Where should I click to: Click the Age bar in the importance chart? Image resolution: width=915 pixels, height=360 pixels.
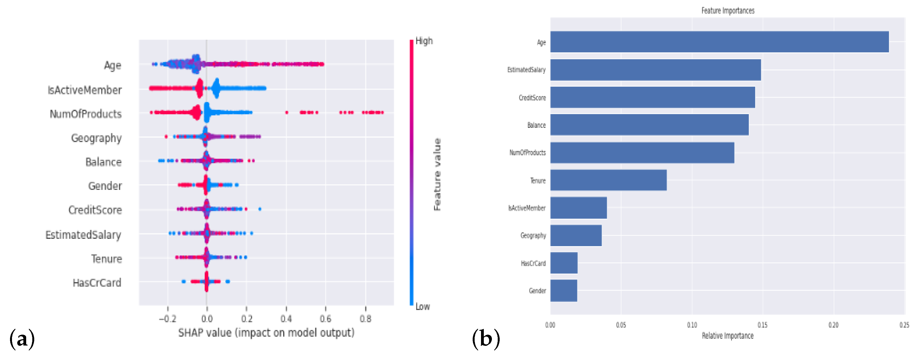click(719, 42)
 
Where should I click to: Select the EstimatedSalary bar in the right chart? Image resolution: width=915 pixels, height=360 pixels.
click(655, 70)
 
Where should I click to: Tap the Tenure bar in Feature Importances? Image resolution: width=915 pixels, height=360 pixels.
click(608, 180)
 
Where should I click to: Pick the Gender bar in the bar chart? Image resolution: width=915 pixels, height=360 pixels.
click(564, 290)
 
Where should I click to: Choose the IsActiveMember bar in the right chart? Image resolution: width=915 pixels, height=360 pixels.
click(578, 208)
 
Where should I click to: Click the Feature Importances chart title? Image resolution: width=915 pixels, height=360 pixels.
click(727, 11)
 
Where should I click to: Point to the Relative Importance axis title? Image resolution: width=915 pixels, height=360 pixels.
click(727, 336)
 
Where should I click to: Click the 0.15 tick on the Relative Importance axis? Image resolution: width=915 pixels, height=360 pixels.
click(762, 325)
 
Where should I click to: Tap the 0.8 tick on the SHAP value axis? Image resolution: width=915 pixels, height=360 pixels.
click(365, 319)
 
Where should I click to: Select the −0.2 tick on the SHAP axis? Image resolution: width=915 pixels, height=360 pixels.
click(167, 319)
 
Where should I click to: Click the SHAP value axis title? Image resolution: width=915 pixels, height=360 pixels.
click(266, 333)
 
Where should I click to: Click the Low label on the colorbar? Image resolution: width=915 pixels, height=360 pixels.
click(422, 306)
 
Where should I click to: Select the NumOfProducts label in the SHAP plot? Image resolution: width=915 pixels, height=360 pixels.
click(86, 114)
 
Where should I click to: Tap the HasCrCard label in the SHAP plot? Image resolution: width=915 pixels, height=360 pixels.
click(97, 283)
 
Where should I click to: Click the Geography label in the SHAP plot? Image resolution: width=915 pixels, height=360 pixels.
click(96, 138)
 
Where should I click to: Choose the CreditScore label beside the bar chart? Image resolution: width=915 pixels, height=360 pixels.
click(532, 98)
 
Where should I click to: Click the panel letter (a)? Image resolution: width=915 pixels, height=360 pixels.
click(22, 339)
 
